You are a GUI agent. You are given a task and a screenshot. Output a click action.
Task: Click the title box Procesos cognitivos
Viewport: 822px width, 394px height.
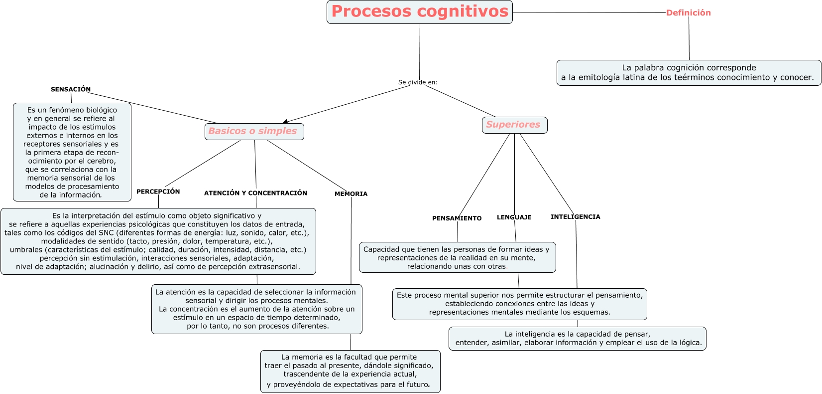(x=419, y=12)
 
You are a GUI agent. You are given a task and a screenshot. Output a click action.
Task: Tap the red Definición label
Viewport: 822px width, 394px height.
(x=688, y=13)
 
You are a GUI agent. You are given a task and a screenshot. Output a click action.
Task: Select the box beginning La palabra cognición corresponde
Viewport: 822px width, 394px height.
(x=689, y=73)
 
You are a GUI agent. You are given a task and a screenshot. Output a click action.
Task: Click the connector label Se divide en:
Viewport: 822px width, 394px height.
(x=418, y=82)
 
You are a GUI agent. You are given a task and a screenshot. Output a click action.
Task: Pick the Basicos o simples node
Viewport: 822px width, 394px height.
(x=254, y=132)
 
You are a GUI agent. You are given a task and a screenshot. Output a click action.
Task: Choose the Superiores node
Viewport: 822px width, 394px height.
(x=514, y=125)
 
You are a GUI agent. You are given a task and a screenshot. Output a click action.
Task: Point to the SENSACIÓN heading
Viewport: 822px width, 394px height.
(x=71, y=90)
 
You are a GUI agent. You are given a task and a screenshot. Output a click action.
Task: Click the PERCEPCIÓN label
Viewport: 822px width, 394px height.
(x=158, y=192)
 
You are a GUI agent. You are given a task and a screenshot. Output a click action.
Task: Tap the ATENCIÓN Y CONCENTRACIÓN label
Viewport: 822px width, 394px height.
(x=255, y=193)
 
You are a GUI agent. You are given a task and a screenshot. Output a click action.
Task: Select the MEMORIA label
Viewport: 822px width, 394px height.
(x=351, y=194)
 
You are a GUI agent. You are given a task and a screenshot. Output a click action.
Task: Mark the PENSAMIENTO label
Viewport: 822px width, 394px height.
(x=457, y=218)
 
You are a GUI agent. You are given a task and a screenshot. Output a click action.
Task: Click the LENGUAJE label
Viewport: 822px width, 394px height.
(x=514, y=217)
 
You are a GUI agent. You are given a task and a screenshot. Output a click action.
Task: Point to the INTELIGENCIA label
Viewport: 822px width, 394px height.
(x=575, y=217)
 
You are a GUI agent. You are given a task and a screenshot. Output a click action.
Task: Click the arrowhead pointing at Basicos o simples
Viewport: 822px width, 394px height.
(x=285, y=122)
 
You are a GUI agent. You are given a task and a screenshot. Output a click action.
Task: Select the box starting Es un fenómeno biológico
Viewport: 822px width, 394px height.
(x=72, y=152)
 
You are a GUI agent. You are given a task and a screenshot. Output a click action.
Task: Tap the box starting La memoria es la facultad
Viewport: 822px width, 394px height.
(x=350, y=371)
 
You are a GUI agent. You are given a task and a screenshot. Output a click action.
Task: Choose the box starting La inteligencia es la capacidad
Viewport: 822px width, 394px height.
(x=577, y=339)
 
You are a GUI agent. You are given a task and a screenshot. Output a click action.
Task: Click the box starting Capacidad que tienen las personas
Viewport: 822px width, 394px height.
(x=457, y=257)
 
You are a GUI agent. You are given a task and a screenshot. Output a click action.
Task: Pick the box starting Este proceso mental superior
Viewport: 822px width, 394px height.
(x=519, y=304)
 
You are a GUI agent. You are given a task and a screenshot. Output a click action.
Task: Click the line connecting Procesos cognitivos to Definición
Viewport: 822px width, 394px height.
(x=587, y=12)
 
